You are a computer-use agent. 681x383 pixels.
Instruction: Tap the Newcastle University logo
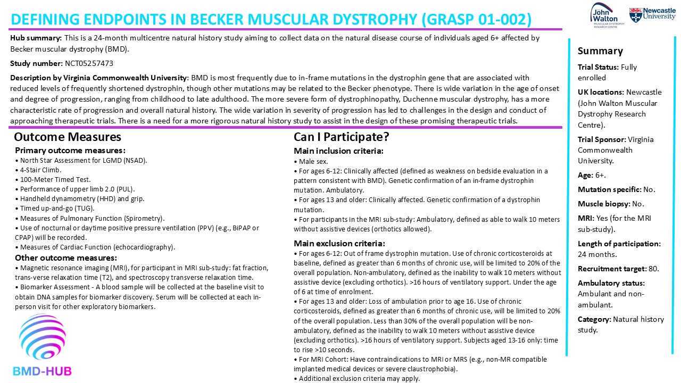click(x=652, y=14)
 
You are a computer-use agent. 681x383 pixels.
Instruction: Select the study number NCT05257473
click(x=89, y=63)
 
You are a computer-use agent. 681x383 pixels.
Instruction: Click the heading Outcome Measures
click(x=68, y=137)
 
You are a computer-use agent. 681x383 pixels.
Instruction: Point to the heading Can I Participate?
click(x=342, y=137)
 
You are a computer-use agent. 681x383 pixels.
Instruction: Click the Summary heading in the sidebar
click(x=600, y=51)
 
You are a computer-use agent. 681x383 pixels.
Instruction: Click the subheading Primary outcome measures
click(x=70, y=151)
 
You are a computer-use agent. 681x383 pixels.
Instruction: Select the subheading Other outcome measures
click(x=67, y=258)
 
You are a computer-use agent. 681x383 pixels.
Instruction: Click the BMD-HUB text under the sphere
click(x=42, y=371)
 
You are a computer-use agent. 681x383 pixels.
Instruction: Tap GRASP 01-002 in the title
click(x=476, y=20)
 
